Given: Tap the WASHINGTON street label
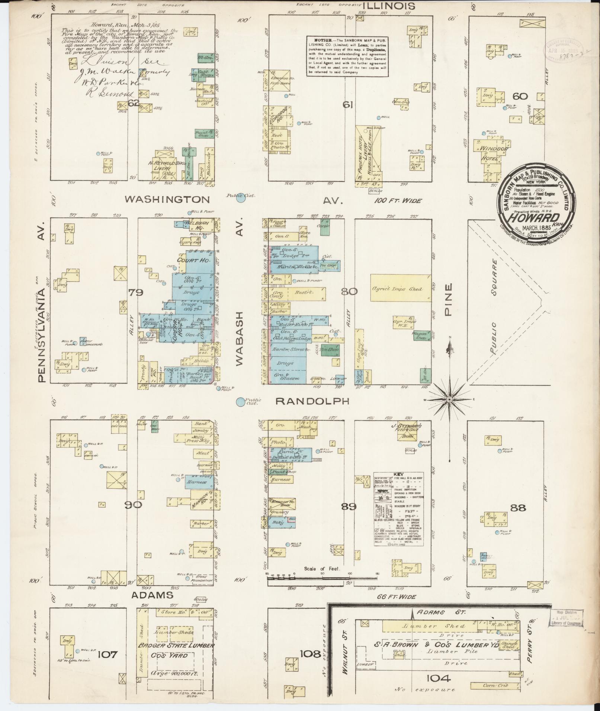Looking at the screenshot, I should [x=167, y=200].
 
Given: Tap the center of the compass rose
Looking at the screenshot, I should [x=449, y=399].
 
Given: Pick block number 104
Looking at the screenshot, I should [x=439, y=678].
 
